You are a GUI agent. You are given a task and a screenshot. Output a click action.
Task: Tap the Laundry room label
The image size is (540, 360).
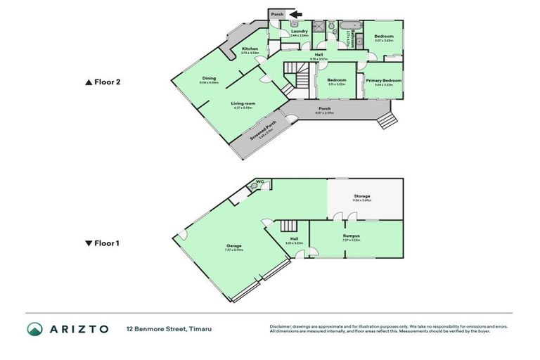(x=299, y=32)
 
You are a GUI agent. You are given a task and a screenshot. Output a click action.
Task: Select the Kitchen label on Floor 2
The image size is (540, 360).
(x=250, y=49)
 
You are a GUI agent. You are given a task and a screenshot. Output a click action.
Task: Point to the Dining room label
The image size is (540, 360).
(x=209, y=79)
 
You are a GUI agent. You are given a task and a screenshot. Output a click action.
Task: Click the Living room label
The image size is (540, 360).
(x=243, y=103)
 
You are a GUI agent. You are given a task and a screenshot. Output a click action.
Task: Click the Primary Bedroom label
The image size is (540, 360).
(x=383, y=81)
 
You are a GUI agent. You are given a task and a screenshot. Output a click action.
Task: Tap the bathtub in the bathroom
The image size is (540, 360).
(x=349, y=28)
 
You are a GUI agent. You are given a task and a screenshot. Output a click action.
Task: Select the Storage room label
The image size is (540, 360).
(x=361, y=196)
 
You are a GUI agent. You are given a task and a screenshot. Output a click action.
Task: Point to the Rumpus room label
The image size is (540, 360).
(x=352, y=236)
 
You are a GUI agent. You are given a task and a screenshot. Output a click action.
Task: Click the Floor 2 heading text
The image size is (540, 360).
(x=109, y=82)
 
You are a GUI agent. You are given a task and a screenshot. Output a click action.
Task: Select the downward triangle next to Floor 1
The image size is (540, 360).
(x=88, y=244)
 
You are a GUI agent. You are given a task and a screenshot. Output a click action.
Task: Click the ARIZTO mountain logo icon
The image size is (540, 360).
(x=34, y=329)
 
